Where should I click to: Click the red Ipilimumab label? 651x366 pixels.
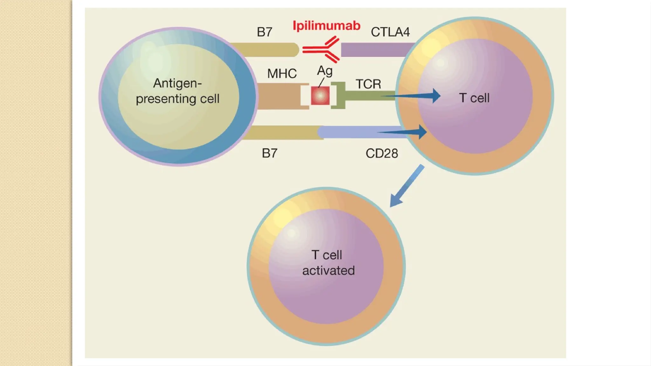pyautogui.click(x=326, y=26)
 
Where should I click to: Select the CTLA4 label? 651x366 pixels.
pyautogui.click(x=390, y=32)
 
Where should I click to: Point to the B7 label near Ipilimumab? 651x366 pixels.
pyautogui.click(x=264, y=32)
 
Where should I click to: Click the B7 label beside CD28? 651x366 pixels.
pyautogui.click(x=270, y=153)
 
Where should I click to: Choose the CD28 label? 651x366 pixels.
pyautogui.click(x=381, y=153)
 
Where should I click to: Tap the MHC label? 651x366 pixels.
pyautogui.click(x=282, y=74)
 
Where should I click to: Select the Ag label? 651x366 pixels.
pyautogui.click(x=325, y=71)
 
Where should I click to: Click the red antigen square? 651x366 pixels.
pyautogui.click(x=320, y=95)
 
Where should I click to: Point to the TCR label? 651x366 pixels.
pyautogui.click(x=368, y=84)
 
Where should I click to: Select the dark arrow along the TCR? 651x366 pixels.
pyautogui.click(x=413, y=95)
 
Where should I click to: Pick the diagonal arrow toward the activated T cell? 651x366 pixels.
pyautogui.click(x=407, y=186)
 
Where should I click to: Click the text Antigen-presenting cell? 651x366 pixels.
pyautogui.click(x=177, y=91)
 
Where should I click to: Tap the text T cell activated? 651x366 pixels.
pyautogui.click(x=328, y=263)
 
